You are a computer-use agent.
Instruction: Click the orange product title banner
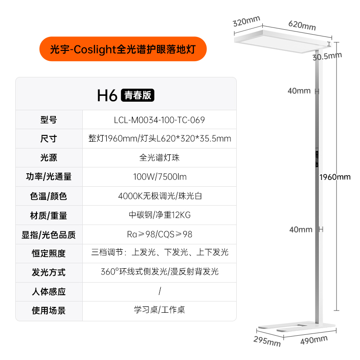(x=123, y=49)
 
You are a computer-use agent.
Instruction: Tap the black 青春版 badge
(x=138, y=95)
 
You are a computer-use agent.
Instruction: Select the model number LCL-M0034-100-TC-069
(x=159, y=120)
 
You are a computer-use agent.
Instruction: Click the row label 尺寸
(x=49, y=139)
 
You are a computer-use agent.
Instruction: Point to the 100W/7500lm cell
(x=159, y=177)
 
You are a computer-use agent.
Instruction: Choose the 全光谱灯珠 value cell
(x=159, y=158)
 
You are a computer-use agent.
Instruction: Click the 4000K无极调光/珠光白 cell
(x=159, y=196)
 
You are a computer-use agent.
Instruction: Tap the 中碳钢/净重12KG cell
(x=159, y=215)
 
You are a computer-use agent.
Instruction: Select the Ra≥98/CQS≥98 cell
(x=159, y=234)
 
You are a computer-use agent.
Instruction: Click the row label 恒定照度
(x=49, y=253)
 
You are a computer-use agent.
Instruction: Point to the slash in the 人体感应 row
(x=160, y=291)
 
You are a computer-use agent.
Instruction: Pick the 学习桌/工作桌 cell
(x=159, y=310)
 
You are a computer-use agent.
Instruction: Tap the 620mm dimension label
(x=302, y=26)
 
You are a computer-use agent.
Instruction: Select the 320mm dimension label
(x=247, y=21)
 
